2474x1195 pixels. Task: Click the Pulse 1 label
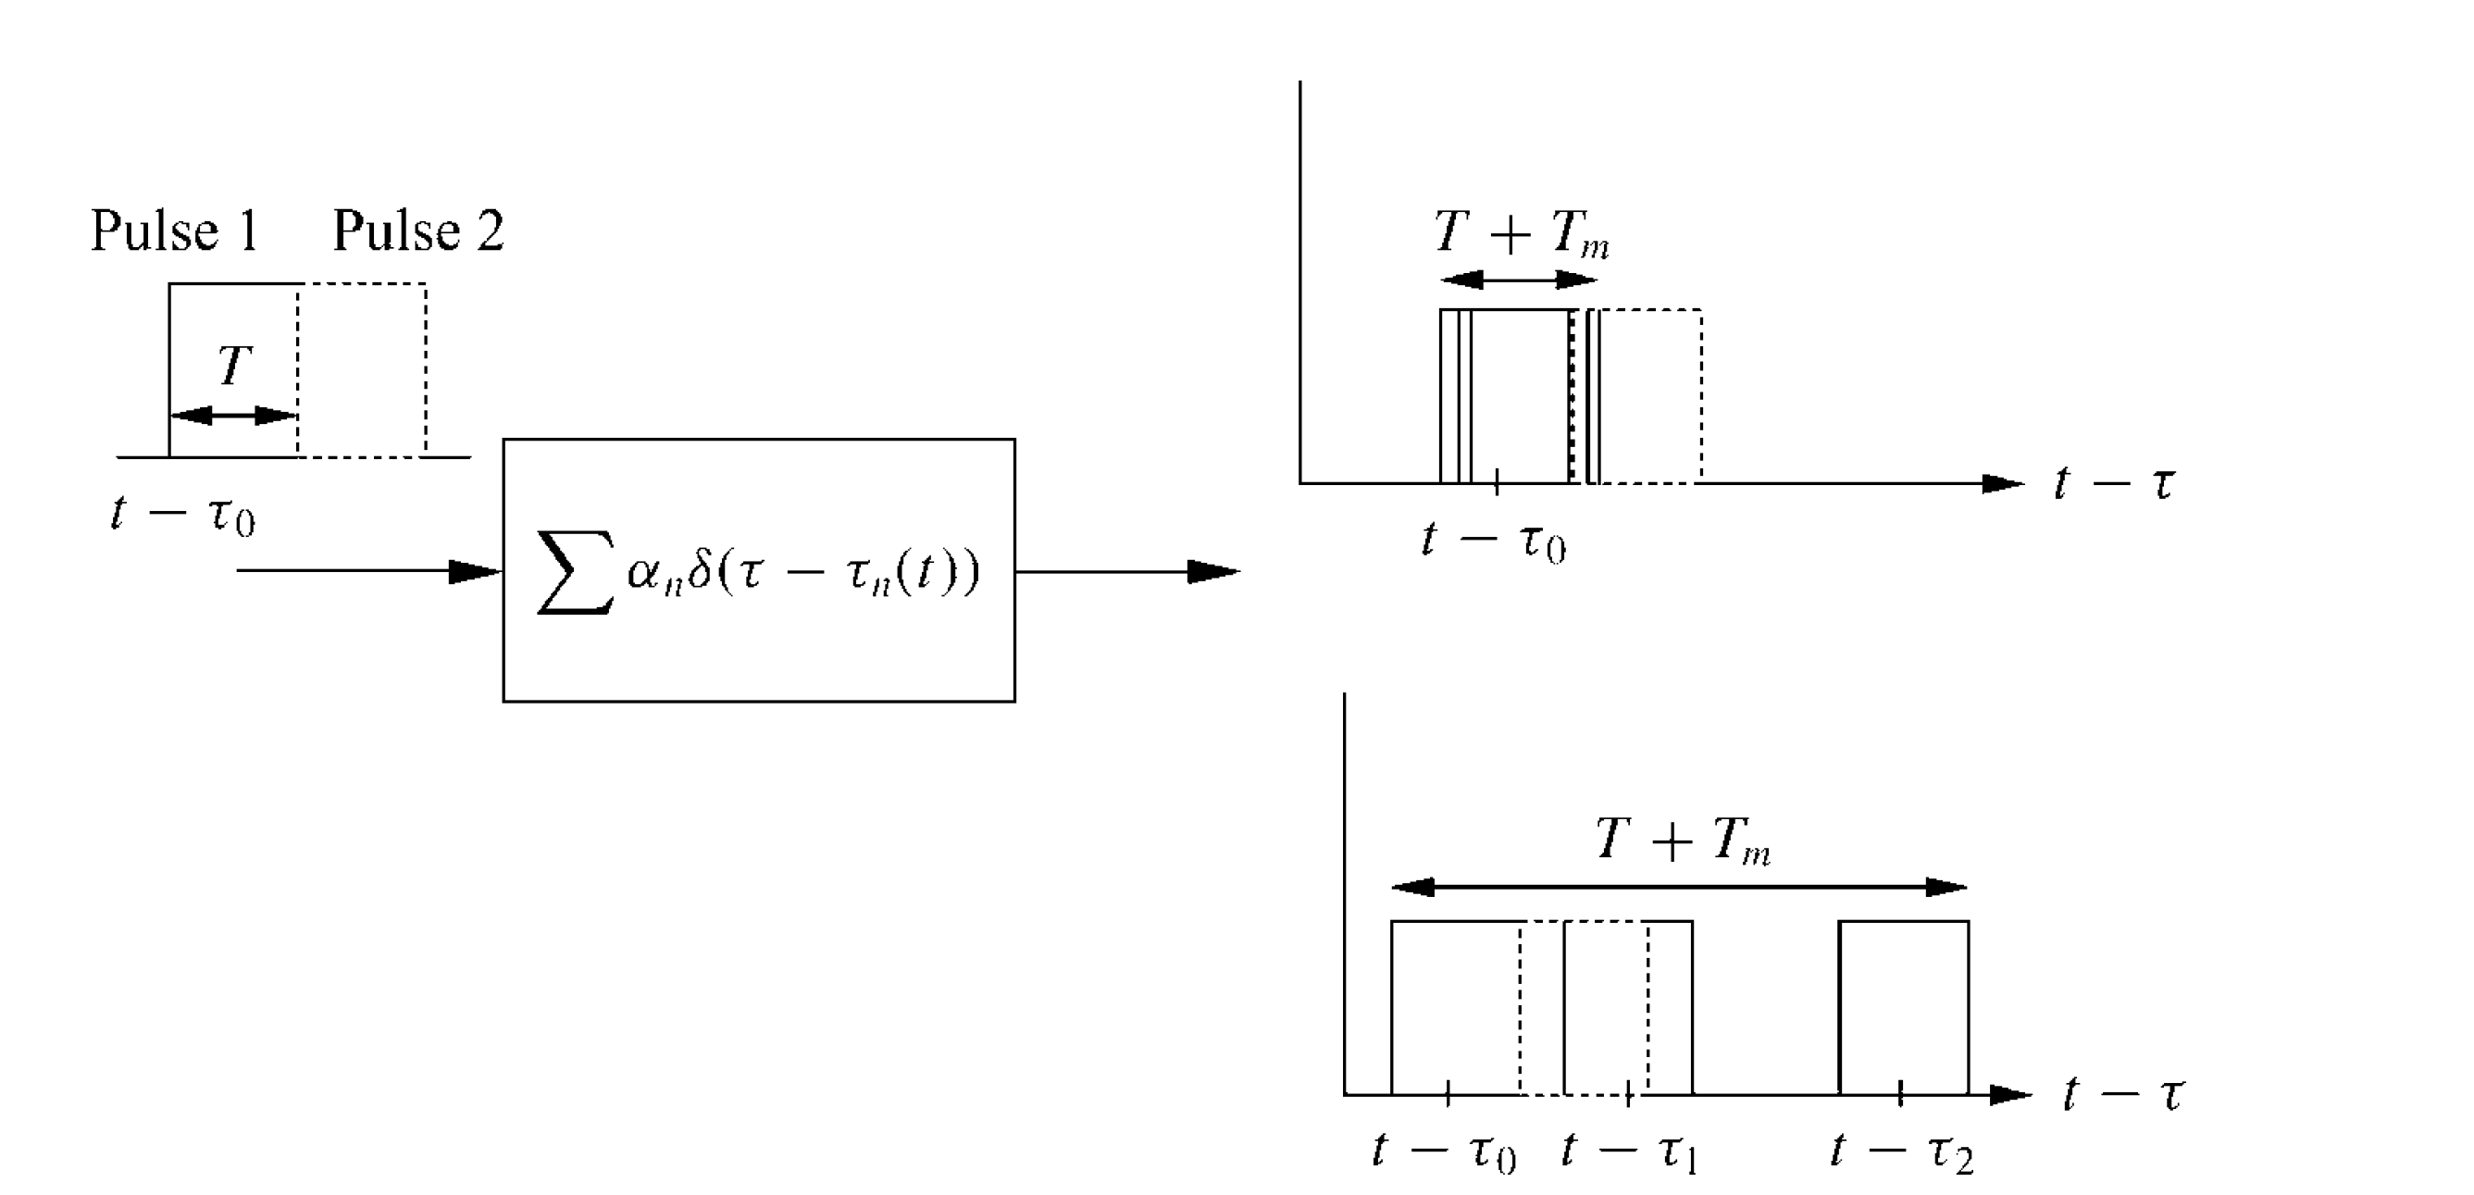pyautogui.click(x=175, y=230)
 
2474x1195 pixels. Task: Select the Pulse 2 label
pyautogui.click(x=417, y=230)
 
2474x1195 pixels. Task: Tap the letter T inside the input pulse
pyautogui.click(x=234, y=366)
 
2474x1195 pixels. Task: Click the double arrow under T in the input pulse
pyautogui.click(x=233, y=415)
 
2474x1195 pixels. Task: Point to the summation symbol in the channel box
pyautogui.click(x=575, y=573)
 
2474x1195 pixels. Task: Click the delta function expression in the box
pyautogui.click(x=802, y=573)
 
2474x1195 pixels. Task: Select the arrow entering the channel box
pyautogui.click(x=368, y=571)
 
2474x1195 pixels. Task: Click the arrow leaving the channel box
pyautogui.click(x=1127, y=571)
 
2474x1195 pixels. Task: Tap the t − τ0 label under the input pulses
pyautogui.click(x=183, y=514)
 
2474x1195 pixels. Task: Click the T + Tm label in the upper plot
pyautogui.click(x=1522, y=233)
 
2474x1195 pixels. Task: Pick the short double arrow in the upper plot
pyautogui.click(x=1519, y=280)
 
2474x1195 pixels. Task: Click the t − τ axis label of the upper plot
pyautogui.click(x=2113, y=483)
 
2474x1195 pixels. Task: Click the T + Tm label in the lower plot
pyautogui.click(x=1683, y=840)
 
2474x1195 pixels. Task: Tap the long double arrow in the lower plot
pyautogui.click(x=1680, y=887)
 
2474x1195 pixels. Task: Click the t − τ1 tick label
pyautogui.click(x=1630, y=1151)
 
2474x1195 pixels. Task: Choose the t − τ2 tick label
pyautogui.click(x=1902, y=1151)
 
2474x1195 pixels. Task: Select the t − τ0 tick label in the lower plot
pyautogui.click(x=1445, y=1151)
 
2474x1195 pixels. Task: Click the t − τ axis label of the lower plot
pyautogui.click(x=2123, y=1094)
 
